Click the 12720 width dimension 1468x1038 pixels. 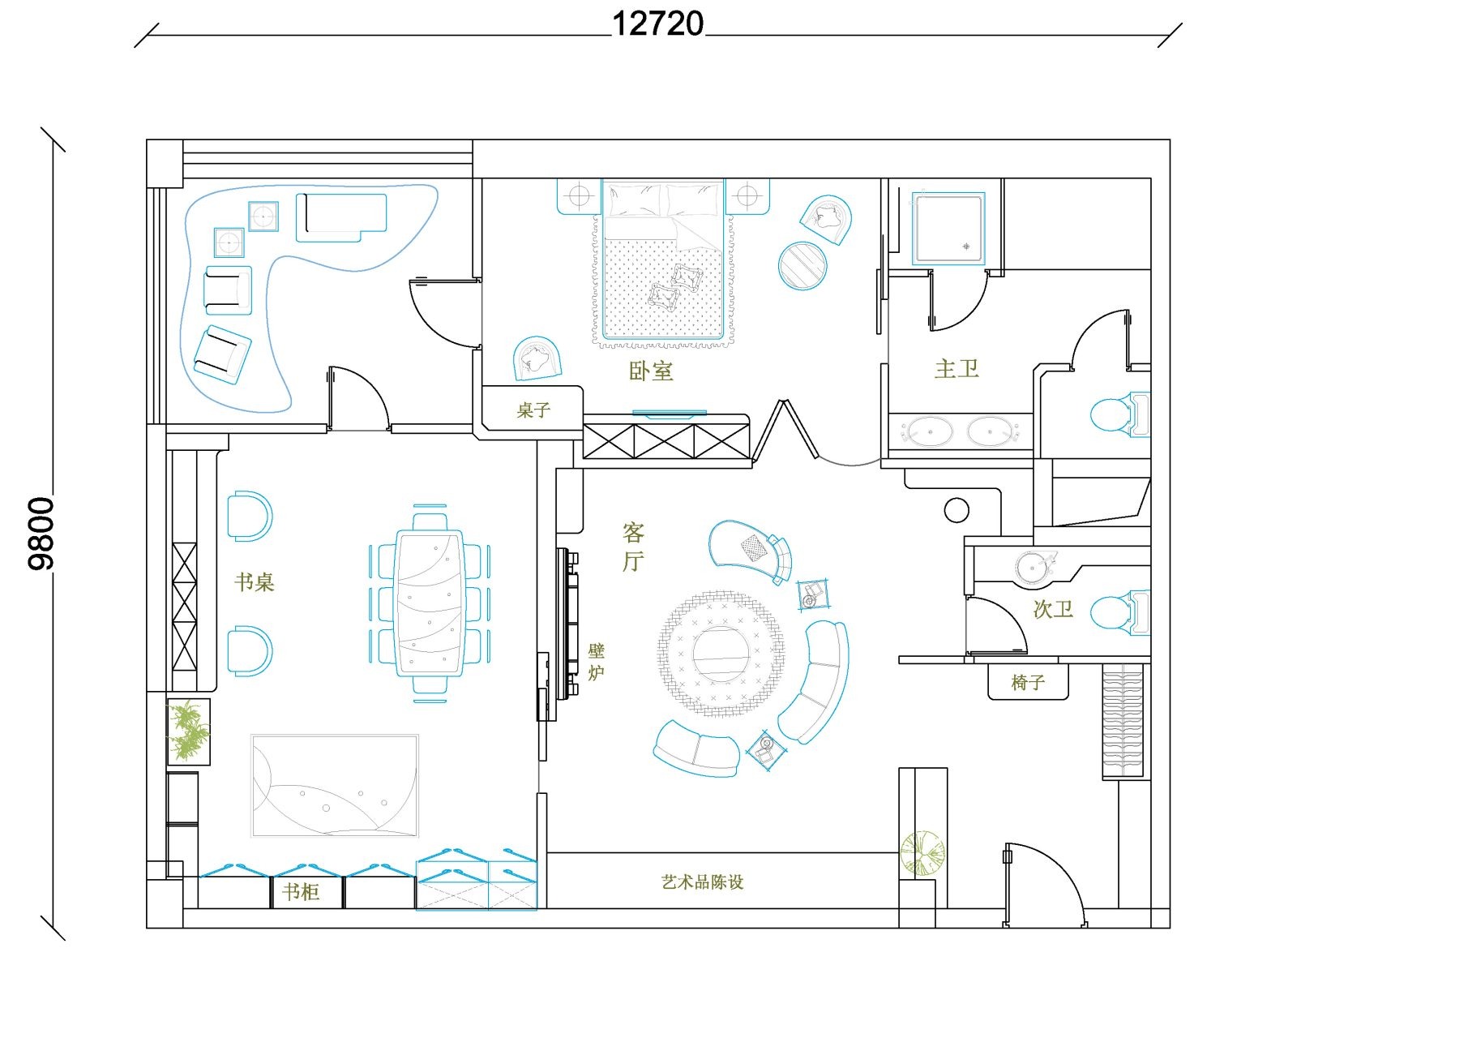tap(657, 24)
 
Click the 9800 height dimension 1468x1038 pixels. tap(41, 534)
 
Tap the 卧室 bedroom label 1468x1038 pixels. tap(651, 371)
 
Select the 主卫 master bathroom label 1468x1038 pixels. tap(957, 370)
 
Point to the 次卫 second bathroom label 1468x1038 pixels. tap(1053, 609)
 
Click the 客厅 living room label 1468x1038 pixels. tap(633, 547)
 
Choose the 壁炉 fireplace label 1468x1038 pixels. tap(597, 662)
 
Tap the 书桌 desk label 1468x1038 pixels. tap(255, 582)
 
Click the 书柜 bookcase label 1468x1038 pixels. tap(301, 892)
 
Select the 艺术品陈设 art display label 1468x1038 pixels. tap(703, 881)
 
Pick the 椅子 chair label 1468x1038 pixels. tap(1028, 683)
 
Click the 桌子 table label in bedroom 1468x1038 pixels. tap(533, 410)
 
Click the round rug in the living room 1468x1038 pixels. tap(721, 654)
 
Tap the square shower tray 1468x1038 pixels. tap(948, 228)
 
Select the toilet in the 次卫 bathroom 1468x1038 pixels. tap(1120, 613)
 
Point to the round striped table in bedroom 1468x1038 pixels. tap(802, 265)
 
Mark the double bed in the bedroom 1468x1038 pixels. tap(663, 260)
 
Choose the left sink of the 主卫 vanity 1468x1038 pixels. tap(927, 431)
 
